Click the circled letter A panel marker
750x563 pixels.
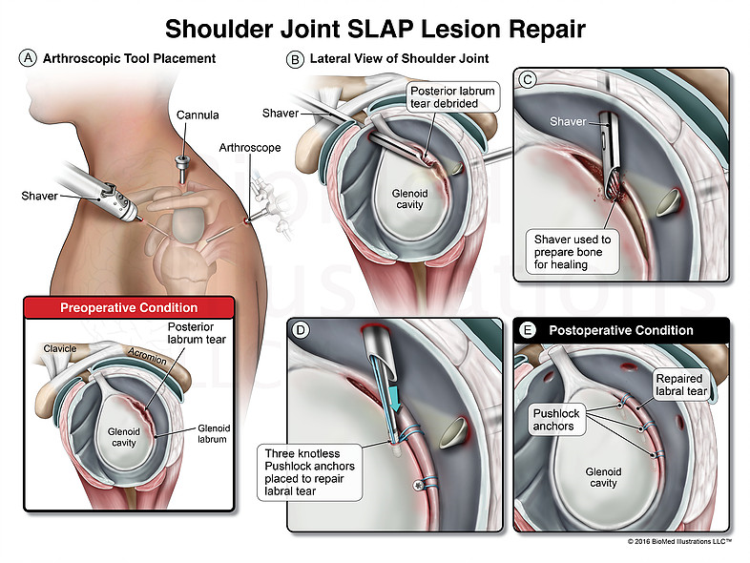28,58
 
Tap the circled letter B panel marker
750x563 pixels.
295,59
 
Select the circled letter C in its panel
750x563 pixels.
528,80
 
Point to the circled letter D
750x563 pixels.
301,330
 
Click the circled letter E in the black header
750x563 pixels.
527,330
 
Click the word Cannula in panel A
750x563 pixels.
198,115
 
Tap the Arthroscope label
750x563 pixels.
250,148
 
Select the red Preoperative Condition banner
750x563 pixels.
129,307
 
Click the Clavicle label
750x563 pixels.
60,348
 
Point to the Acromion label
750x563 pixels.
147,356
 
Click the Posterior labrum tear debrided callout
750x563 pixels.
452,97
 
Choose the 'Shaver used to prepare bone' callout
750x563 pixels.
573,252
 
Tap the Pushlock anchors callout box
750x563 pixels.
556,420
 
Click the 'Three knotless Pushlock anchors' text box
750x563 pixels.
309,472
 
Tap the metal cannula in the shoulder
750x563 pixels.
181,167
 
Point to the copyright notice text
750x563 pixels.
679,541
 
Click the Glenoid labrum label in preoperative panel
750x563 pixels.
214,433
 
